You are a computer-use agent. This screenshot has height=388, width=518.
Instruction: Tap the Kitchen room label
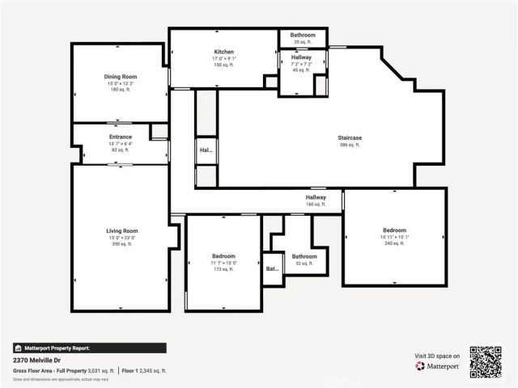coord(224,51)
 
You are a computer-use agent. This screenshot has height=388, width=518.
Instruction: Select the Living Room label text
coord(121,230)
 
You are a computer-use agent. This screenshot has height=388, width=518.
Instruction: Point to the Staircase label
coord(350,138)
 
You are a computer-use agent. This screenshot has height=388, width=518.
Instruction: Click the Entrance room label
coord(121,137)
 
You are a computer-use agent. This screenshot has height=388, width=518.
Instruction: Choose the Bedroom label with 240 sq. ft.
coord(394,230)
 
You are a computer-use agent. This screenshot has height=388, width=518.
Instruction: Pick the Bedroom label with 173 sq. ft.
coord(224,256)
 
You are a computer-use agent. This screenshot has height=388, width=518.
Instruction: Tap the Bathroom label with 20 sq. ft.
coord(303,35)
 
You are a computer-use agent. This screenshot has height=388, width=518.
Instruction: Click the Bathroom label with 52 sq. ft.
coord(304,256)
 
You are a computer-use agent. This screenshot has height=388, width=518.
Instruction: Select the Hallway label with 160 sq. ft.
coord(316,197)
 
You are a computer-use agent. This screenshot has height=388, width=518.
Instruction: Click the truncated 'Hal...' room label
coord(206,150)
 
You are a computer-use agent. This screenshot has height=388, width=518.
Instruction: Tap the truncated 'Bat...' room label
coord(273,268)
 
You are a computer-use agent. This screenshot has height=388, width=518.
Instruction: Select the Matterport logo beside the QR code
coord(438,366)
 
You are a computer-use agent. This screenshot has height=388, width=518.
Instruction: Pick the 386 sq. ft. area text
coord(350,145)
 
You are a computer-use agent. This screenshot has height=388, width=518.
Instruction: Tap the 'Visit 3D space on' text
coord(437,355)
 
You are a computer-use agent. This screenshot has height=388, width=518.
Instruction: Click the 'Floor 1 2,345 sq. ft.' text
coord(144,370)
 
